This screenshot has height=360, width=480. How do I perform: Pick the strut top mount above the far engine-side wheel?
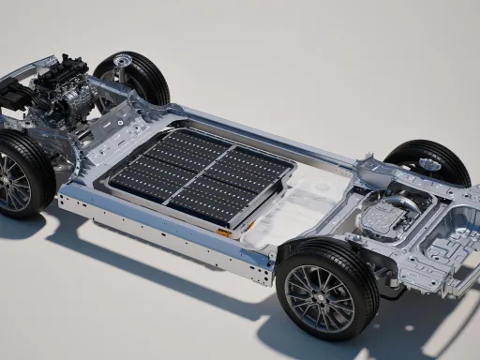click(119, 63)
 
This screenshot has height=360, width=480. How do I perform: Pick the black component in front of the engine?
click(13, 94)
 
